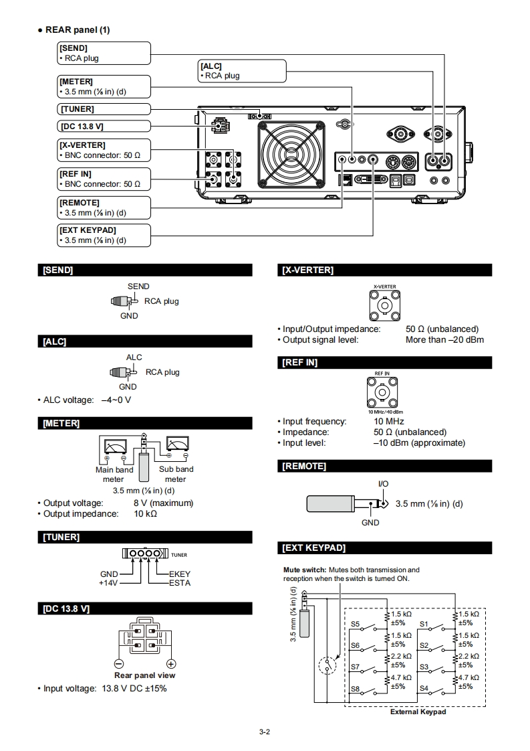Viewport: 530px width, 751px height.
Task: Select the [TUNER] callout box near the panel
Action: (x=104, y=109)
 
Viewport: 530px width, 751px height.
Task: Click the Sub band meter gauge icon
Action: (x=177, y=444)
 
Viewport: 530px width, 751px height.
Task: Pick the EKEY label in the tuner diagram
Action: (x=180, y=574)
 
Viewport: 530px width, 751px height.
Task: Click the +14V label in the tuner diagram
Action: (x=108, y=583)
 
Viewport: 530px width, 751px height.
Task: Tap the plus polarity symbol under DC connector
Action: (x=171, y=663)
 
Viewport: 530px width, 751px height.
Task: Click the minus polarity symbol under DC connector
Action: (x=119, y=663)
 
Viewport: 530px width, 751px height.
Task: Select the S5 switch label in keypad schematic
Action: (x=356, y=624)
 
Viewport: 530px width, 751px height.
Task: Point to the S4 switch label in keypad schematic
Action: (x=424, y=687)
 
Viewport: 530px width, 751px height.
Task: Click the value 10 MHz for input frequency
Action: (x=388, y=422)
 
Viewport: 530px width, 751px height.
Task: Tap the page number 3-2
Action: (x=264, y=732)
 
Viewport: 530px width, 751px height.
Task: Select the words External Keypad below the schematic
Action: (x=418, y=712)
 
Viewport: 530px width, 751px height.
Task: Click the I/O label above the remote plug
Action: (x=383, y=483)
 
